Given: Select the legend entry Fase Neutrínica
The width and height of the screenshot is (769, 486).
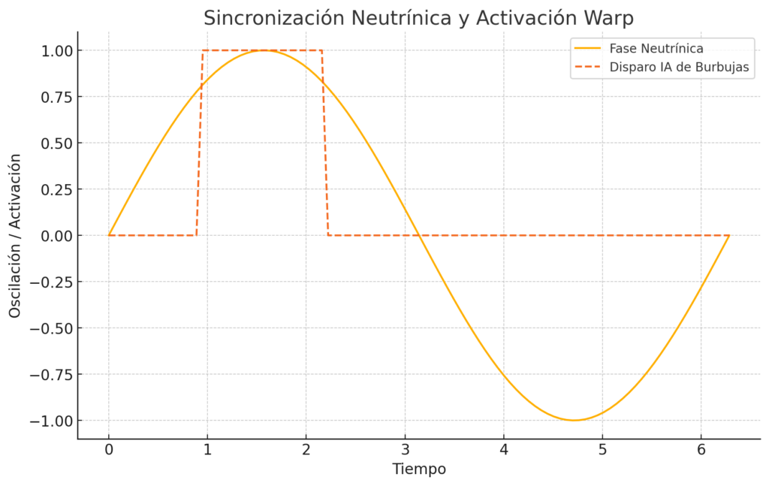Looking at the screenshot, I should point(656,49).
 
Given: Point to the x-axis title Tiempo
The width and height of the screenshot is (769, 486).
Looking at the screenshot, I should point(419,469).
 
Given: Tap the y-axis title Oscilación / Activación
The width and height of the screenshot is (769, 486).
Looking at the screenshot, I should point(15,235).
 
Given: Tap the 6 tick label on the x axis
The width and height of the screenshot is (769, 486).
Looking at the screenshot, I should point(701,451).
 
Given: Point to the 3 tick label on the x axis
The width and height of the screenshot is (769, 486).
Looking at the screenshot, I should point(405,451).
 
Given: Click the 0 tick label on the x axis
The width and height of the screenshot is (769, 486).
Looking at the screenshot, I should point(109,451).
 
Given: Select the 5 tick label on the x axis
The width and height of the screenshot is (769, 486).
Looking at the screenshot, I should point(602,451).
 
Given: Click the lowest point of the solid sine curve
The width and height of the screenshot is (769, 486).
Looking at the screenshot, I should point(574,420).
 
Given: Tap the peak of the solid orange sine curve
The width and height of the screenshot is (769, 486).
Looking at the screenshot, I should point(264,50).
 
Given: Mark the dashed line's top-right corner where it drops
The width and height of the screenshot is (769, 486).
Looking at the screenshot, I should point(322,50).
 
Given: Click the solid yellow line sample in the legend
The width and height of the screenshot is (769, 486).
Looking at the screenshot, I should point(589,49).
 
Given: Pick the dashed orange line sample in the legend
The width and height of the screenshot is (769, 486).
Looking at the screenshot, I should point(589,68).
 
